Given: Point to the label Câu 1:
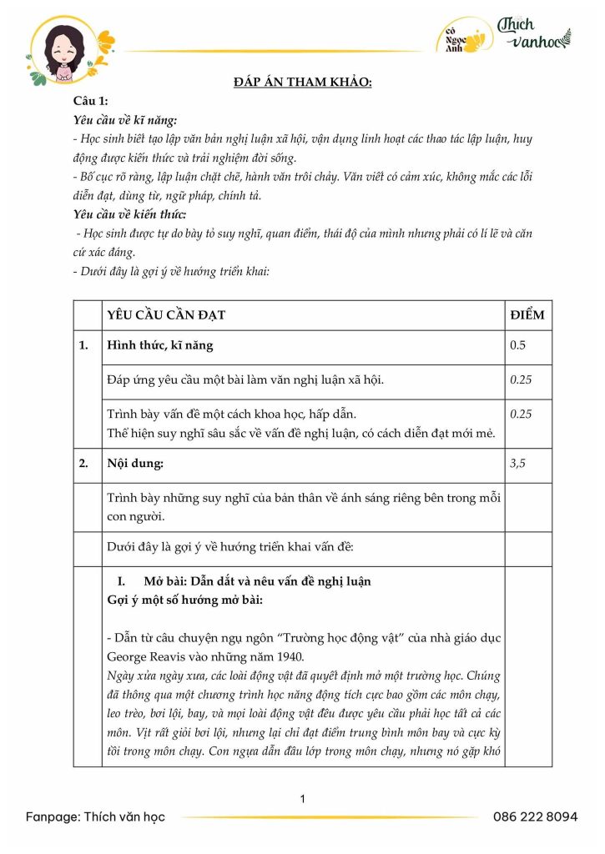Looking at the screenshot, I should point(91,101).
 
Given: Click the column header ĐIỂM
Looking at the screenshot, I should point(527,315).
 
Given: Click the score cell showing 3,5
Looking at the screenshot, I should point(518,465).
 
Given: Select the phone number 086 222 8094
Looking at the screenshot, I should point(535,816).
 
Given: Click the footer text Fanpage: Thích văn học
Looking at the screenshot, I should point(95,816).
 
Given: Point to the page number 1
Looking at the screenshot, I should point(302,799).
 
